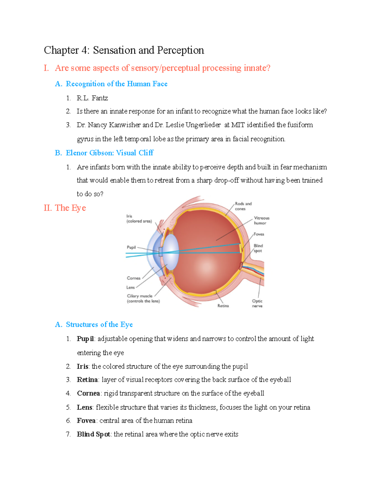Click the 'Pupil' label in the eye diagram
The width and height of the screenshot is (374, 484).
[x=131, y=247]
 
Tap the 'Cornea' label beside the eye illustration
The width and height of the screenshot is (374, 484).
[x=133, y=278]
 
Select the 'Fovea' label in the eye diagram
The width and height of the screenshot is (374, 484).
[x=259, y=234]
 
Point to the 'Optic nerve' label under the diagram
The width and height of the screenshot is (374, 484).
[x=257, y=303]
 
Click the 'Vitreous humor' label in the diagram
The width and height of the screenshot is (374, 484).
[x=261, y=220]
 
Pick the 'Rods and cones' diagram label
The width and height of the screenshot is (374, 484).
[x=243, y=206]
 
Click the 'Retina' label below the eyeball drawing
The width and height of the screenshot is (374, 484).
[x=223, y=306]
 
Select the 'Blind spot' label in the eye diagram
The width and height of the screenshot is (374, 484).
[x=258, y=248]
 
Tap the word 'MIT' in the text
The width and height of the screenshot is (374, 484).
[x=238, y=125]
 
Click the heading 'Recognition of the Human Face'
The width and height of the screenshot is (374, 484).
[x=117, y=84]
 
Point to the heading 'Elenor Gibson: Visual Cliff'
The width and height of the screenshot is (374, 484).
[x=109, y=153]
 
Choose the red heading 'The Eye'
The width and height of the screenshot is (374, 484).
[x=70, y=208]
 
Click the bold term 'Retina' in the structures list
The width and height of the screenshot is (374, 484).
[x=87, y=380]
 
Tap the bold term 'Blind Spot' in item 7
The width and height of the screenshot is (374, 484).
[x=93, y=434]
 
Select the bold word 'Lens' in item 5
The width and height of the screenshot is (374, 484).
[x=84, y=407]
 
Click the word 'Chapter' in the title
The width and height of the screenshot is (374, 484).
[x=61, y=50]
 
